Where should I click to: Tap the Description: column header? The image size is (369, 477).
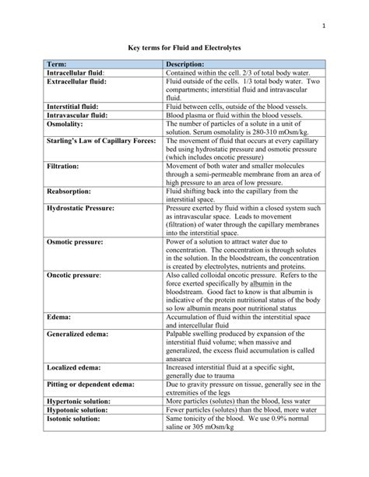[x=185, y=64]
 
